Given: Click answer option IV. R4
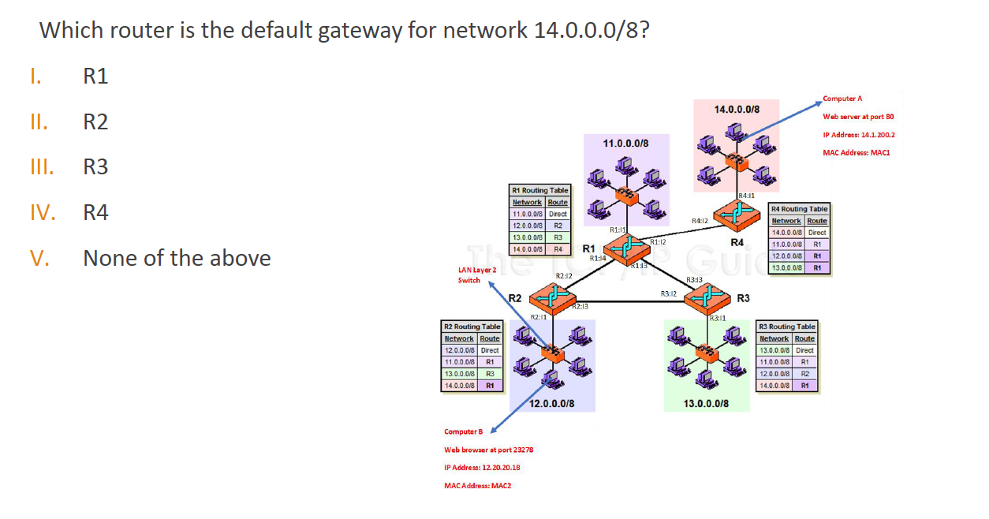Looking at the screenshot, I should [95, 213].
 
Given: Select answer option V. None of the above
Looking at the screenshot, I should [177, 259].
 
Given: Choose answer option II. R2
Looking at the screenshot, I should [95, 122].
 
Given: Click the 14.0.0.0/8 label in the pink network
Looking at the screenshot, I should [737, 109].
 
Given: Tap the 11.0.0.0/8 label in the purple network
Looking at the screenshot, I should [625, 144].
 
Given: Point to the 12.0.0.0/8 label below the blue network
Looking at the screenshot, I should [551, 403].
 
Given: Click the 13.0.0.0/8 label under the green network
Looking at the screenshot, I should [706, 403].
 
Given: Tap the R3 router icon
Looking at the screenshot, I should [707, 297].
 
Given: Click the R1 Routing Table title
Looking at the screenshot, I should [539, 191].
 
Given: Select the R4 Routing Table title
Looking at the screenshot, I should [799, 209].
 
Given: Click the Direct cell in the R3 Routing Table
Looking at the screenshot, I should [804, 350].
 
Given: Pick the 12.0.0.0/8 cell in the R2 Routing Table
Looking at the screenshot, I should [459, 350].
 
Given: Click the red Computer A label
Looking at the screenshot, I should [842, 99].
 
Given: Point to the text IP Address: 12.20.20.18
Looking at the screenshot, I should [482, 468].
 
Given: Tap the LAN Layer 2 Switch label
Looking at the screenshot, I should [476, 274].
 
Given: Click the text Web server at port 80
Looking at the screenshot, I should [858, 117].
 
